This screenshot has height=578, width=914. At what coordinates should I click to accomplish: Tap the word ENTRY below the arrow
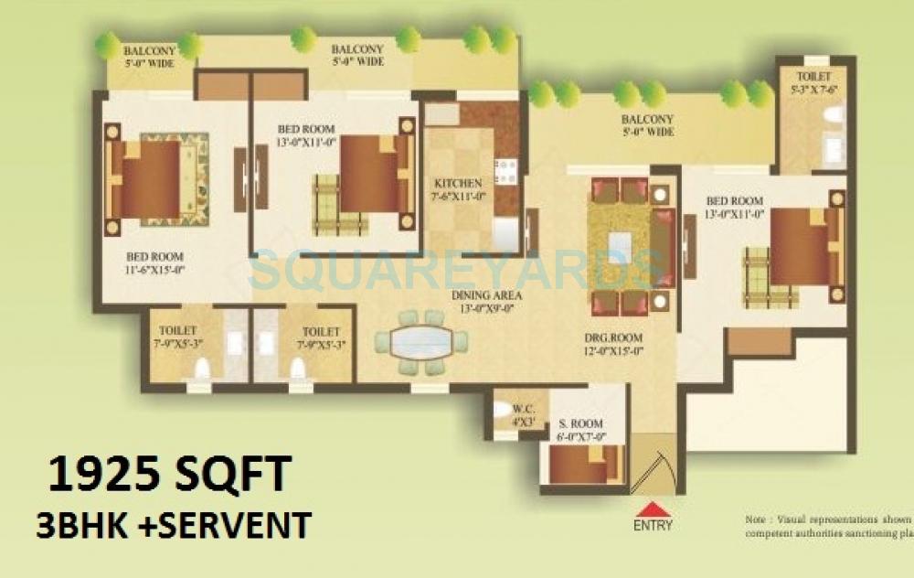coord(652,526)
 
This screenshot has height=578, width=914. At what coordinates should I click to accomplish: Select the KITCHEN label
coord(458,189)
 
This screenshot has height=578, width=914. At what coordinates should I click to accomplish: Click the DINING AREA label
coord(486,302)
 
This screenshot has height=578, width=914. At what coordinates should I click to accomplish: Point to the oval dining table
coord(420,342)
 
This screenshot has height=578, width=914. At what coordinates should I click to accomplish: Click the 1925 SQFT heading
coord(169,476)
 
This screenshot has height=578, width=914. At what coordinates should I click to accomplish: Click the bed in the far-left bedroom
coord(146,179)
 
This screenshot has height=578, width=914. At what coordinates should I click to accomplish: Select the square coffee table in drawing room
coord(620,245)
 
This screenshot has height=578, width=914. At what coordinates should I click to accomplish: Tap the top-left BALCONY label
coord(150,57)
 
